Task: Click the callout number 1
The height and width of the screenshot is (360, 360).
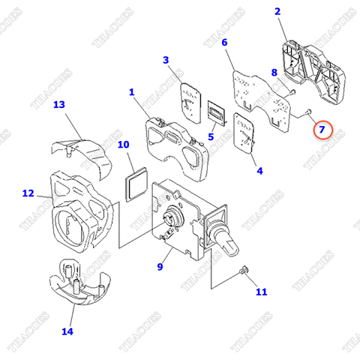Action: pos(131,92)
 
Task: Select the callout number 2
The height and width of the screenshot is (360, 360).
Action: pos(277,11)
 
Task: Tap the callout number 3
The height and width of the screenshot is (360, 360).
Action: pos(166,60)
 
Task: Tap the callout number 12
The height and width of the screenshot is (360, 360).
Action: pos(28,193)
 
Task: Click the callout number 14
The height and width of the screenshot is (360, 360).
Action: pos(67,330)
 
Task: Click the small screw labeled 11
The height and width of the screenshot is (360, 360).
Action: pos(242,271)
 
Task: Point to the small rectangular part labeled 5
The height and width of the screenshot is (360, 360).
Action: pos(216,113)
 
